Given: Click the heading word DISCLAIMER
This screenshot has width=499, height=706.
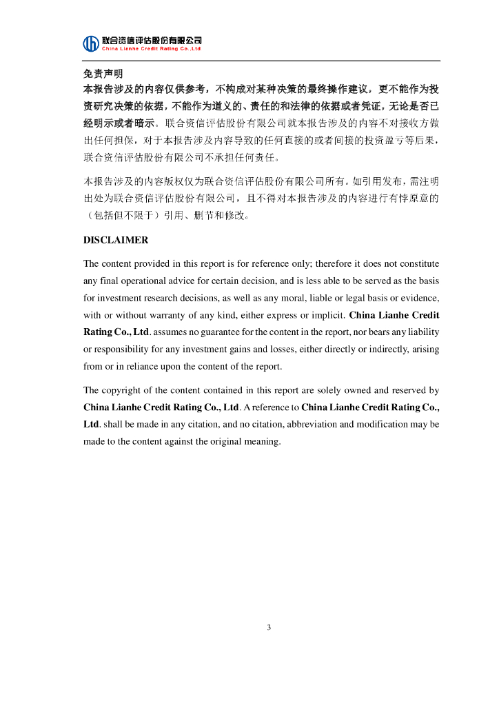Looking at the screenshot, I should pos(116,241).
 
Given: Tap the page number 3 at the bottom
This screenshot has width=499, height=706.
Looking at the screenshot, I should pos(269,627).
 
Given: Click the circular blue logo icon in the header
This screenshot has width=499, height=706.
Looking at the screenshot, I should pos(91,43).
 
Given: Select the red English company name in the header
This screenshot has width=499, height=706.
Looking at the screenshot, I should pos(151,49).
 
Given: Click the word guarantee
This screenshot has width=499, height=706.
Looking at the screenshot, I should pos(218,332).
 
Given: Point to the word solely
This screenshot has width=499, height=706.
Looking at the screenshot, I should pos(329,390).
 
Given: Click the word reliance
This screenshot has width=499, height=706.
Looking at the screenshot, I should pos(145,366).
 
